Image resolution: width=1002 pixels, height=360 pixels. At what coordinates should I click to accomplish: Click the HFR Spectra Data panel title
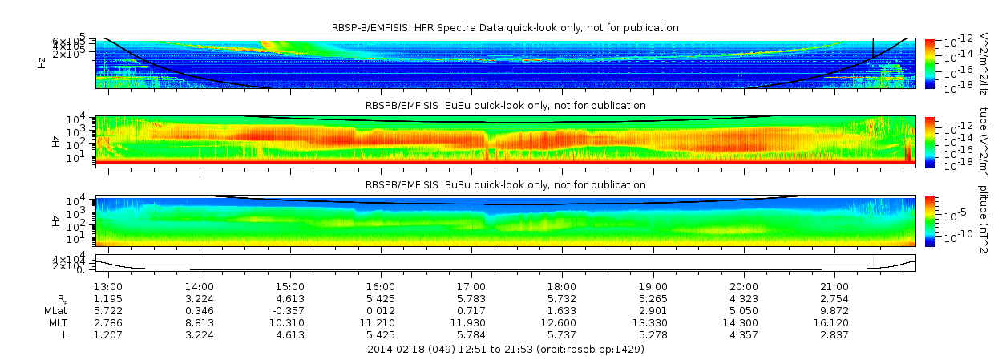coord(505,28)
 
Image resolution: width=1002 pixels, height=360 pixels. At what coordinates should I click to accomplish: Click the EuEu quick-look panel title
coord(505,106)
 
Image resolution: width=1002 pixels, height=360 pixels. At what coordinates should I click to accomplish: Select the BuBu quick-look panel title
coord(505,185)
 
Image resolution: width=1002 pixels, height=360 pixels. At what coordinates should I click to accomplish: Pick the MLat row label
coord(56,310)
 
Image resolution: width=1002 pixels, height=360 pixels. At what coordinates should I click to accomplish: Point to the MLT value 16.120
coord(834,322)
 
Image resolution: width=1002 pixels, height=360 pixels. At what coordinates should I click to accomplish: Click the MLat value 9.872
coord(834,310)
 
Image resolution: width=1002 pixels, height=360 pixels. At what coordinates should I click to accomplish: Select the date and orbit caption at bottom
coord(505,350)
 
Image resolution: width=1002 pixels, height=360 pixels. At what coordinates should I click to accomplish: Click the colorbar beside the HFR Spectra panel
coord(930,63)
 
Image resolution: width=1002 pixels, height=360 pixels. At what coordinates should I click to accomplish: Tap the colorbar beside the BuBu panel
coord(930,220)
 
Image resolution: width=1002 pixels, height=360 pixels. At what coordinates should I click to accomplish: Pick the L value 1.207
coord(108,334)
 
